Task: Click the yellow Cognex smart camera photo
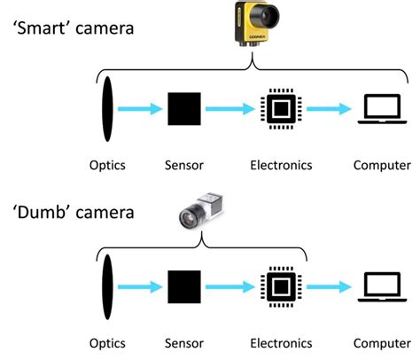tap(253, 23)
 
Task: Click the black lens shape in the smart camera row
tap(107, 110)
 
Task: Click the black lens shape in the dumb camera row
tap(107, 287)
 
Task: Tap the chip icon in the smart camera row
tap(281, 110)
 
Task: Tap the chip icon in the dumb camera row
tap(281, 287)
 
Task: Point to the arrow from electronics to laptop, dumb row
tap(331, 287)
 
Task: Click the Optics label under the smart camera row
tap(107, 165)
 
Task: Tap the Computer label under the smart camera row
tap(382, 165)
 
